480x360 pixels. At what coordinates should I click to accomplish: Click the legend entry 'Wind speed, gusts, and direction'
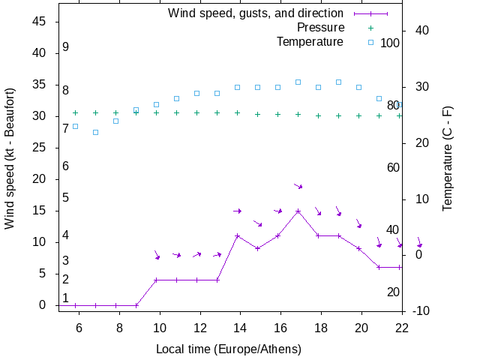coord(255,13)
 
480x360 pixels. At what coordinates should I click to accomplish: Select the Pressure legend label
coord(315,27)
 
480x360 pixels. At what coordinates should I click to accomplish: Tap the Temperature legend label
coord(310,41)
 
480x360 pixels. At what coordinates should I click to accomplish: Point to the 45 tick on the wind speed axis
coord(41,22)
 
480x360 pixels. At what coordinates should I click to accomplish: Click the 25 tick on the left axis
coord(41,148)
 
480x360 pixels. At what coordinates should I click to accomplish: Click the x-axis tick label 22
coord(402,327)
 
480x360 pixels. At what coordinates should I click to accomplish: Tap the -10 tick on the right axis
coord(421,310)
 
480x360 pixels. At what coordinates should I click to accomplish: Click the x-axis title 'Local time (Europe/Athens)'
coord(229,349)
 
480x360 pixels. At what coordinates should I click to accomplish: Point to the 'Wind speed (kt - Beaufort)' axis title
coord(10,158)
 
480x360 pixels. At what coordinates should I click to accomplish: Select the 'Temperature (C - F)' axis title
coord(448,158)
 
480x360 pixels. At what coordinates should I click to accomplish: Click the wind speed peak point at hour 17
coord(298,211)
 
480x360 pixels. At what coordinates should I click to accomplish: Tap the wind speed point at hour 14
coord(237,235)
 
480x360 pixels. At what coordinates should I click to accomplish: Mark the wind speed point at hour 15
coord(257,248)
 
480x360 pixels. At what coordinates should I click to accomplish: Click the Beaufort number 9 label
coord(66,47)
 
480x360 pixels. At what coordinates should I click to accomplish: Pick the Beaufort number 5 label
coord(66,198)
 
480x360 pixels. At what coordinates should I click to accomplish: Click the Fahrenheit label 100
coord(390,43)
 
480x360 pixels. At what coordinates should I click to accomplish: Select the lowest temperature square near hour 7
coord(95,133)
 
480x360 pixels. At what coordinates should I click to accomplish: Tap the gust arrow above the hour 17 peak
coord(298,186)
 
